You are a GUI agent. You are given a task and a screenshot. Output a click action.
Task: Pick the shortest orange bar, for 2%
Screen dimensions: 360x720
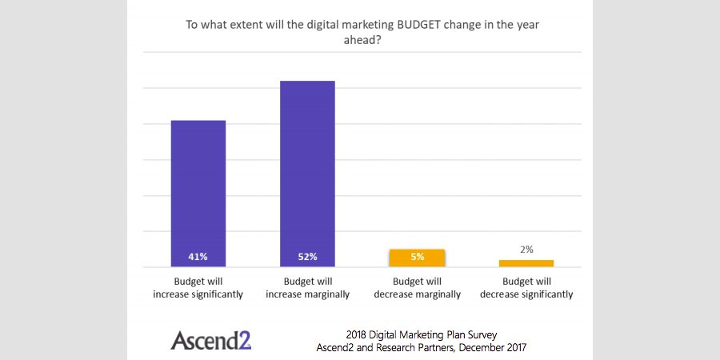pos(526,263)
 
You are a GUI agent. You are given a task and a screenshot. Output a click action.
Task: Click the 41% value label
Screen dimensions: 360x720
pos(198,257)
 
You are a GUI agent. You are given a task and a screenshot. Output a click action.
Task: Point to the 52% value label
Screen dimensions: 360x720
pos(307,257)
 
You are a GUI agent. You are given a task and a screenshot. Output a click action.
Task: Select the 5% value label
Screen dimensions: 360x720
pos(417,257)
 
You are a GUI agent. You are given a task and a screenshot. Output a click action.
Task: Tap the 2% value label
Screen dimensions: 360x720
pos(526,250)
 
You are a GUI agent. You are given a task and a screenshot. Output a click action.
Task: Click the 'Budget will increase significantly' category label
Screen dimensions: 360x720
pos(198,288)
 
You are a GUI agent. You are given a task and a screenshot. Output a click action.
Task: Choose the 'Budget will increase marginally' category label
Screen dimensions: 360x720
pos(307,288)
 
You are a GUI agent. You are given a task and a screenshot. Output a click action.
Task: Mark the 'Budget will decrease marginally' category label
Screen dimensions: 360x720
pos(417,288)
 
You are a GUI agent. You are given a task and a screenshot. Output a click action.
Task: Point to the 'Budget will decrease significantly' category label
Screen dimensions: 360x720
pos(526,288)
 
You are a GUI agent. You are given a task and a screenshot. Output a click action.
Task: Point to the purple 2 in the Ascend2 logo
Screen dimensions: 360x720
pos(245,340)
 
